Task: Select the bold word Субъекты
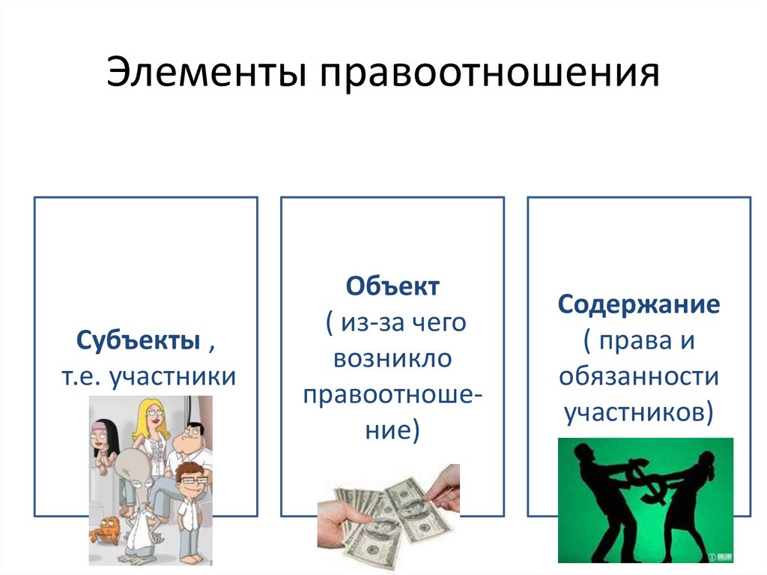click(138, 341)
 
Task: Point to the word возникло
click(393, 358)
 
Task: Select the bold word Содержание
click(639, 304)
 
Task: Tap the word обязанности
click(639, 375)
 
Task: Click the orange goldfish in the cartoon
click(106, 529)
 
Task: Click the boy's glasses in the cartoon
click(190, 481)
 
